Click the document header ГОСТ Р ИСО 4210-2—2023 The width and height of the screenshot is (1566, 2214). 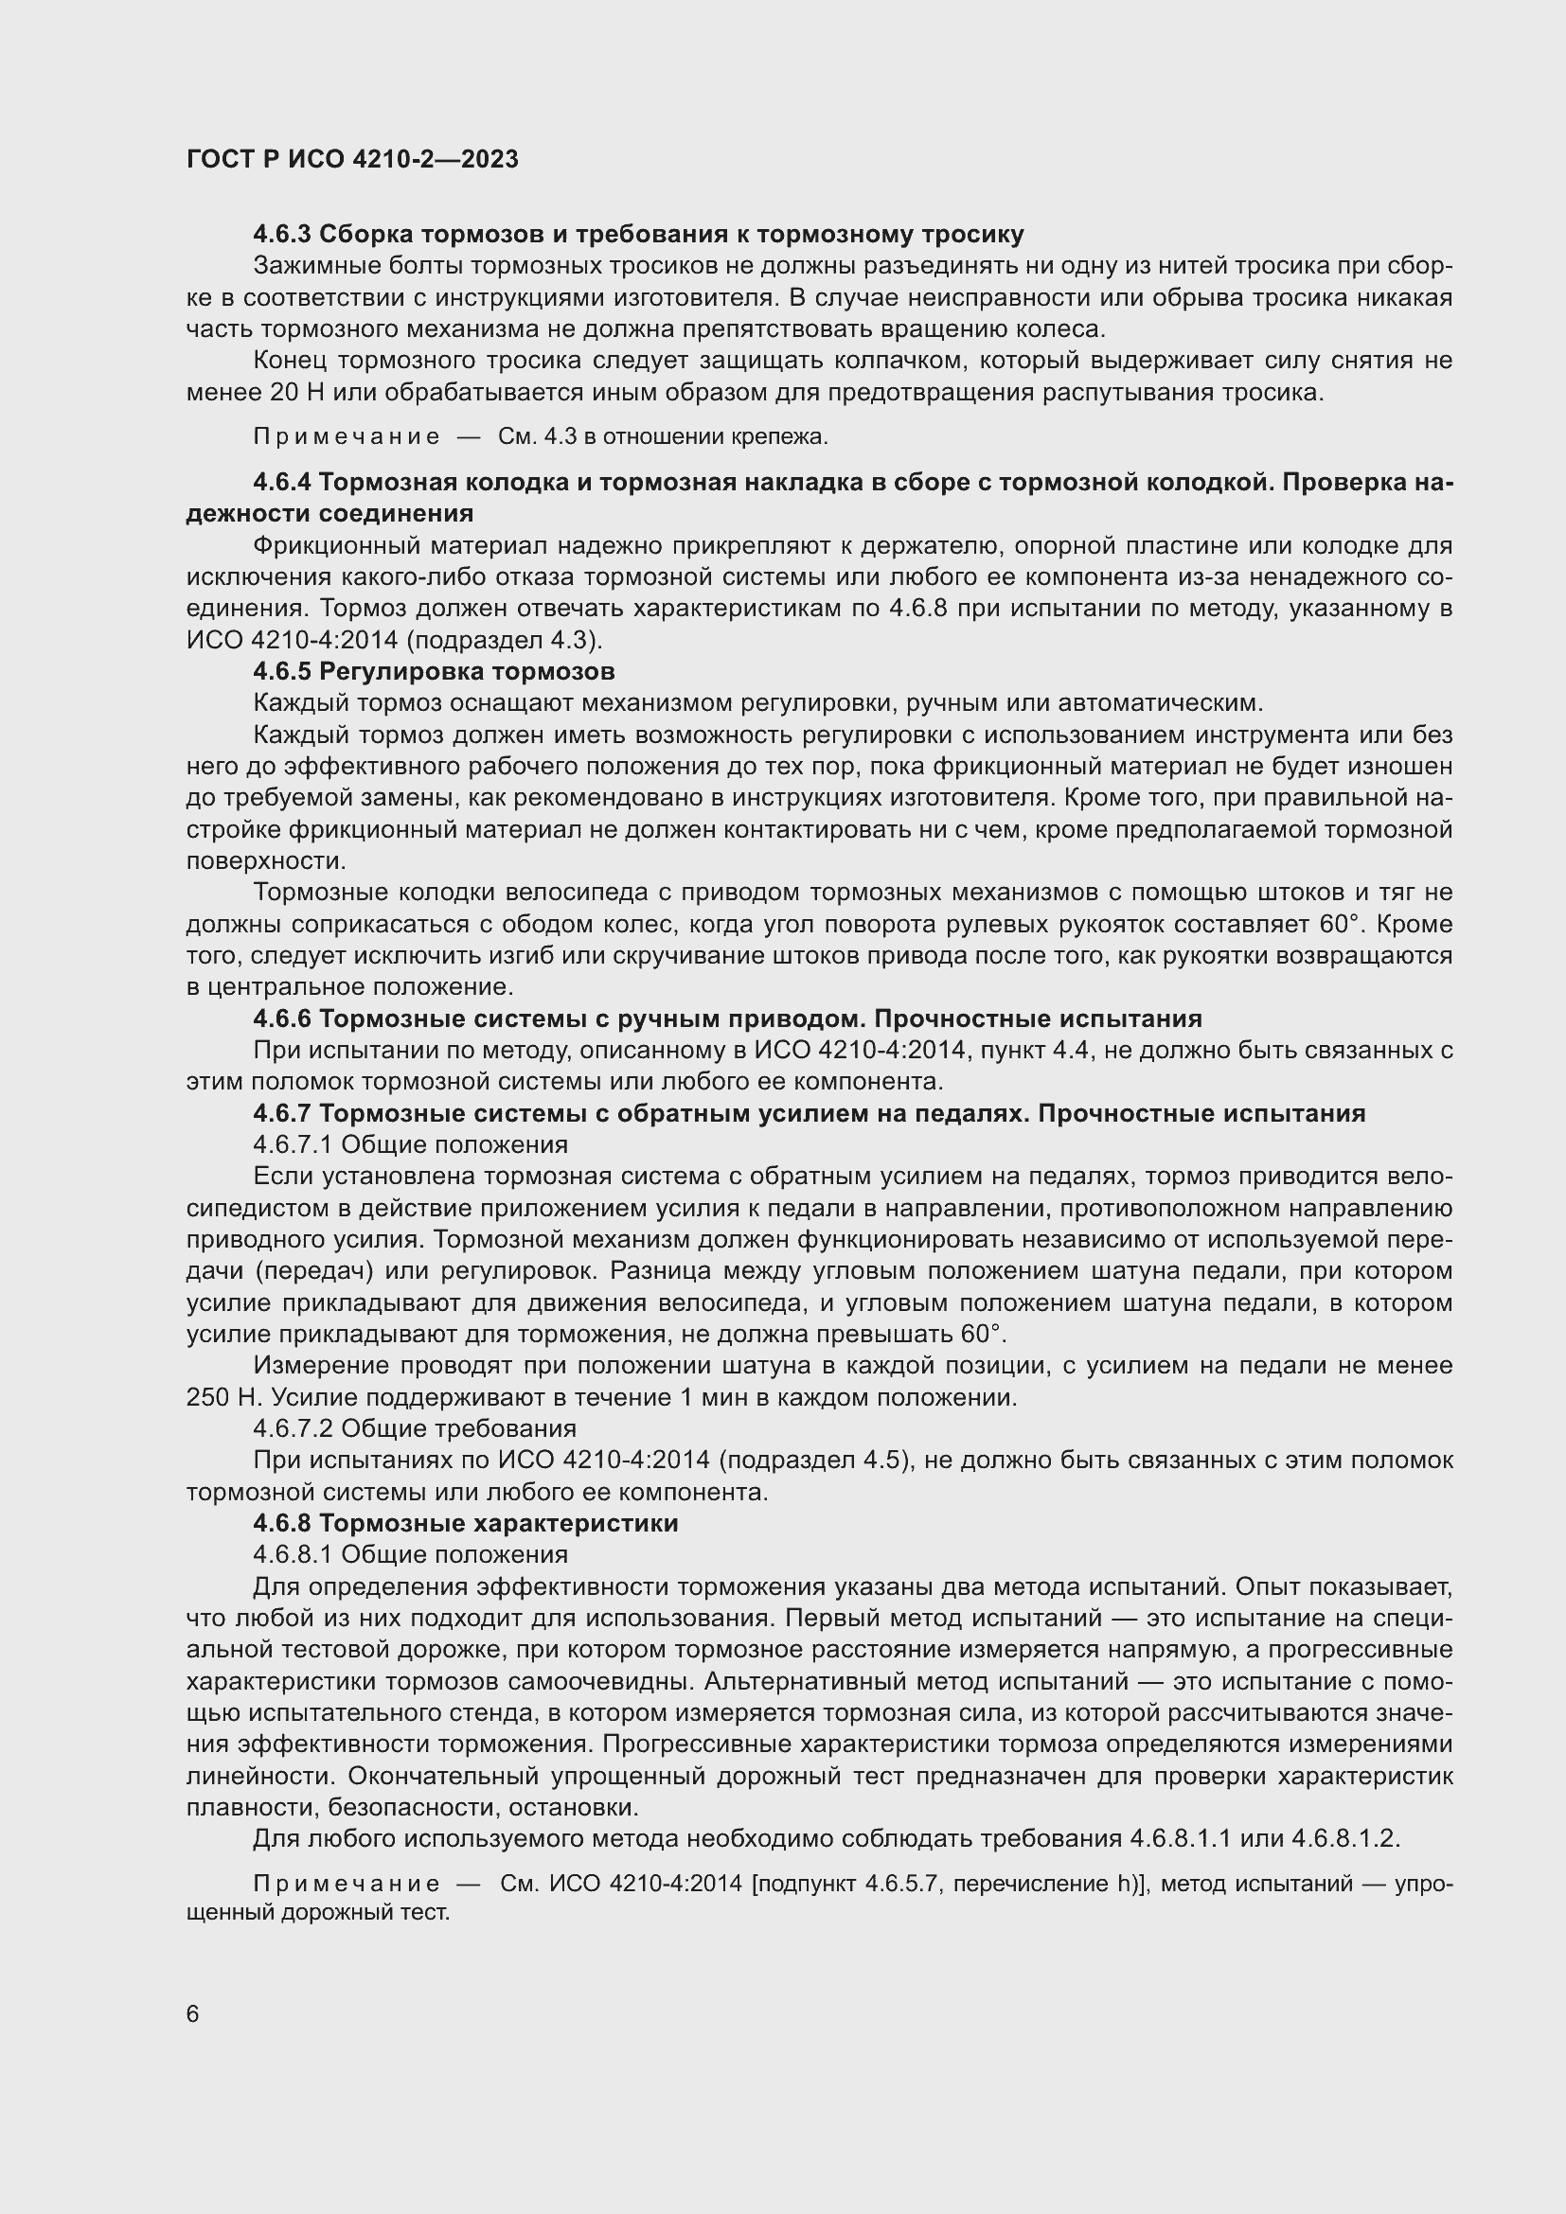click(352, 159)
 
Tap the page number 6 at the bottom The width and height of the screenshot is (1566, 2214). click(193, 2014)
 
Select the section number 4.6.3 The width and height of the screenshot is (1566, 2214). click(281, 235)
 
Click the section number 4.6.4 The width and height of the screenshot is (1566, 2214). click(281, 482)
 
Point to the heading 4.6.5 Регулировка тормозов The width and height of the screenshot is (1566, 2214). click(434, 671)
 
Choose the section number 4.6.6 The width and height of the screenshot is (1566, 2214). click(281, 1019)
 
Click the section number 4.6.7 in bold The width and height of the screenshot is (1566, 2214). click(281, 1114)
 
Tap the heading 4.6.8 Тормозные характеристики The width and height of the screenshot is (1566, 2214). click(466, 1524)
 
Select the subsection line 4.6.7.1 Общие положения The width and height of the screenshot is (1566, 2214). click(410, 1144)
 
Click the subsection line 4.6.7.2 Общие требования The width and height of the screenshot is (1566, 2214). click(415, 1428)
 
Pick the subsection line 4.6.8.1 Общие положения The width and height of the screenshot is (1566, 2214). click(410, 1554)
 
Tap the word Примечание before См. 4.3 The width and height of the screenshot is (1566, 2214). click(347, 436)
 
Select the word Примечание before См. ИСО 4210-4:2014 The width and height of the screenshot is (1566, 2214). click(347, 1885)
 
